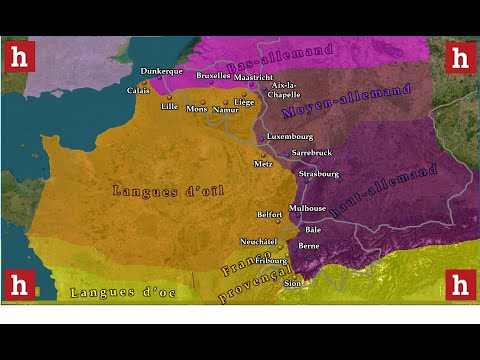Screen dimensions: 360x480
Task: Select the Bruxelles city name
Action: (213, 75)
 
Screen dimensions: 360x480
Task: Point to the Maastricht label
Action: (255, 77)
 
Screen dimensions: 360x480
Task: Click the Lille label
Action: (169, 106)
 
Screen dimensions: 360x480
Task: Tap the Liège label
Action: (244, 102)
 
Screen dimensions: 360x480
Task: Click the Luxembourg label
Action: (290, 136)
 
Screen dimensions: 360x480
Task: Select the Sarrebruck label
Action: (311, 152)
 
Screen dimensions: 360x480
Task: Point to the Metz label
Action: (264, 163)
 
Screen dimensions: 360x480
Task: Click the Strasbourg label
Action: (320, 173)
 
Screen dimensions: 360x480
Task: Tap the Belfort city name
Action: (270, 215)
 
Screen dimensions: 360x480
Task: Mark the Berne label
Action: (309, 245)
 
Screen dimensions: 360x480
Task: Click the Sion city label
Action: (292, 283)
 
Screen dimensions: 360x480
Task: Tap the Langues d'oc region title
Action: (124, 292)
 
